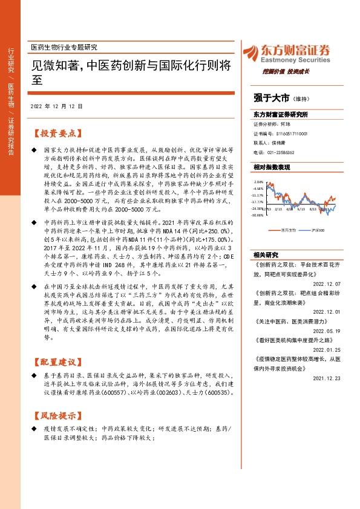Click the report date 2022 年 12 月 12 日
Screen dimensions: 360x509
(x=56, y=106)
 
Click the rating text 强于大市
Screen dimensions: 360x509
(x=271, y=97)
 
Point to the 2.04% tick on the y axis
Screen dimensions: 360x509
(x=259, y=181)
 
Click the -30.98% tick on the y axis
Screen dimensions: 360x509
(x=258, y=215)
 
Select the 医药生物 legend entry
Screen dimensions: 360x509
(x=290, y=230)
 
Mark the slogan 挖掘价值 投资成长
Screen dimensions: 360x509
(x=286, y=71)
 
